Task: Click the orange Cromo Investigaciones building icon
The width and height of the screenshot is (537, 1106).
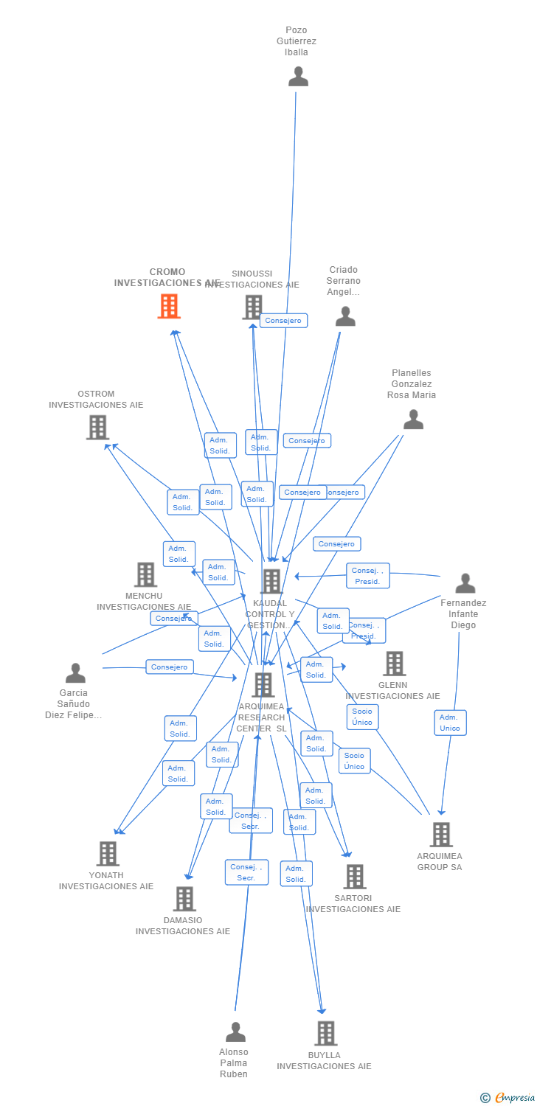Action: point(169,306)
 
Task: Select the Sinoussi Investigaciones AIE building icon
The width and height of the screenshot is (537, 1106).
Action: point(253,307)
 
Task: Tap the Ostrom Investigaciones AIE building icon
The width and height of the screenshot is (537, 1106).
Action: point(97,427)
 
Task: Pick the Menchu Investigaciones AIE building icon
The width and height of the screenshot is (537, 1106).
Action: point(145,574)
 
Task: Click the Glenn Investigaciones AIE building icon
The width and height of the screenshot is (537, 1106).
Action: point(394,664)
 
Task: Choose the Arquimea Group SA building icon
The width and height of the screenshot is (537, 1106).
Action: point(440,835)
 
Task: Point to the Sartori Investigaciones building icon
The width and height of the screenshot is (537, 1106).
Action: point(354,877)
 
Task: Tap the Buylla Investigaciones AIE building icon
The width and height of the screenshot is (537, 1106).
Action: point(325,1034)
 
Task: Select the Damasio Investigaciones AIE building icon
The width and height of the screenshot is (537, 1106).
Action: point(184,899)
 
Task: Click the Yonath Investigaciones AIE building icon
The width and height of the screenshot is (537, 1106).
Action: point(108,854)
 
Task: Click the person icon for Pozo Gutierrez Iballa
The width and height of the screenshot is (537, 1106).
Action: point(298,76)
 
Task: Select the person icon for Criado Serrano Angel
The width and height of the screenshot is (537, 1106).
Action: point(345,316)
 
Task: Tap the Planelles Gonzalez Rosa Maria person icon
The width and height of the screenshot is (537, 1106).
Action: point(413,420)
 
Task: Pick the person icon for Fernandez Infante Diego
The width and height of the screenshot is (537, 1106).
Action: point(465,583)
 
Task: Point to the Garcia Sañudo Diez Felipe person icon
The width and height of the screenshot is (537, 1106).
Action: point(75,673)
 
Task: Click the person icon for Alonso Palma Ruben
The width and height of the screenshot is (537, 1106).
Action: point(235,1032)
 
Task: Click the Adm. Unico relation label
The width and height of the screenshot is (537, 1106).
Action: point(450,723)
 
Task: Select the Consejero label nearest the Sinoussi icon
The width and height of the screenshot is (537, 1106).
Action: point(283,321)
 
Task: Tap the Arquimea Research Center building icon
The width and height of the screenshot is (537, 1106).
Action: point(263,685)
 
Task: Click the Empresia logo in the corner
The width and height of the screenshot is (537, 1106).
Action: point(508,1098)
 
